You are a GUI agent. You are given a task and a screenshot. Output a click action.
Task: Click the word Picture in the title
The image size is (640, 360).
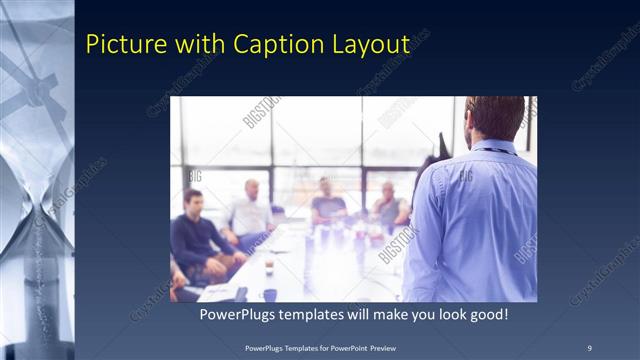coord(121,44)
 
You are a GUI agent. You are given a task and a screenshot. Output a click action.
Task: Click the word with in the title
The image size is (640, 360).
coord(197,44)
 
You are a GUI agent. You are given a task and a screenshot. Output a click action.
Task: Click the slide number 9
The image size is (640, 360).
coord(589,347)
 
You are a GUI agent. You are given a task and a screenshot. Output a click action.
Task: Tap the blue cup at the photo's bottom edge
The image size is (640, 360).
coord(269,295)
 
